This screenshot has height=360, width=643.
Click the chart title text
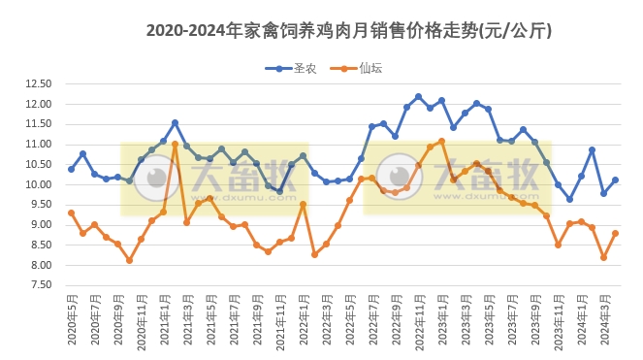349,31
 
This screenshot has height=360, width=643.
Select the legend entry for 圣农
294,68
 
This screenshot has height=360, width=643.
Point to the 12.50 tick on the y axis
38,83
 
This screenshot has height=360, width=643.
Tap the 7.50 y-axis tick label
38,285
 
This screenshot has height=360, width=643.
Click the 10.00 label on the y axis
38,184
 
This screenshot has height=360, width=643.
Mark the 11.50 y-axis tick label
38,124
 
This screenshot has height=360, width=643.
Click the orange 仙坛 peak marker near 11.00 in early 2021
175,145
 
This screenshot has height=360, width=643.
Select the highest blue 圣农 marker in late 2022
418,97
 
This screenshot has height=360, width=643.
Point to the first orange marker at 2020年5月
71,213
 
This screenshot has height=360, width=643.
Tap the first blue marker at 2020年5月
71,169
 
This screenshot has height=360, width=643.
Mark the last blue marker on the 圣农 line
615,180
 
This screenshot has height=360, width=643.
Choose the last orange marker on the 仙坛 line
615,233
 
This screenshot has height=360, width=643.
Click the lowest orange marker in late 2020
129,260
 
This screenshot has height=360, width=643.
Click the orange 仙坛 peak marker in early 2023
441,141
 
